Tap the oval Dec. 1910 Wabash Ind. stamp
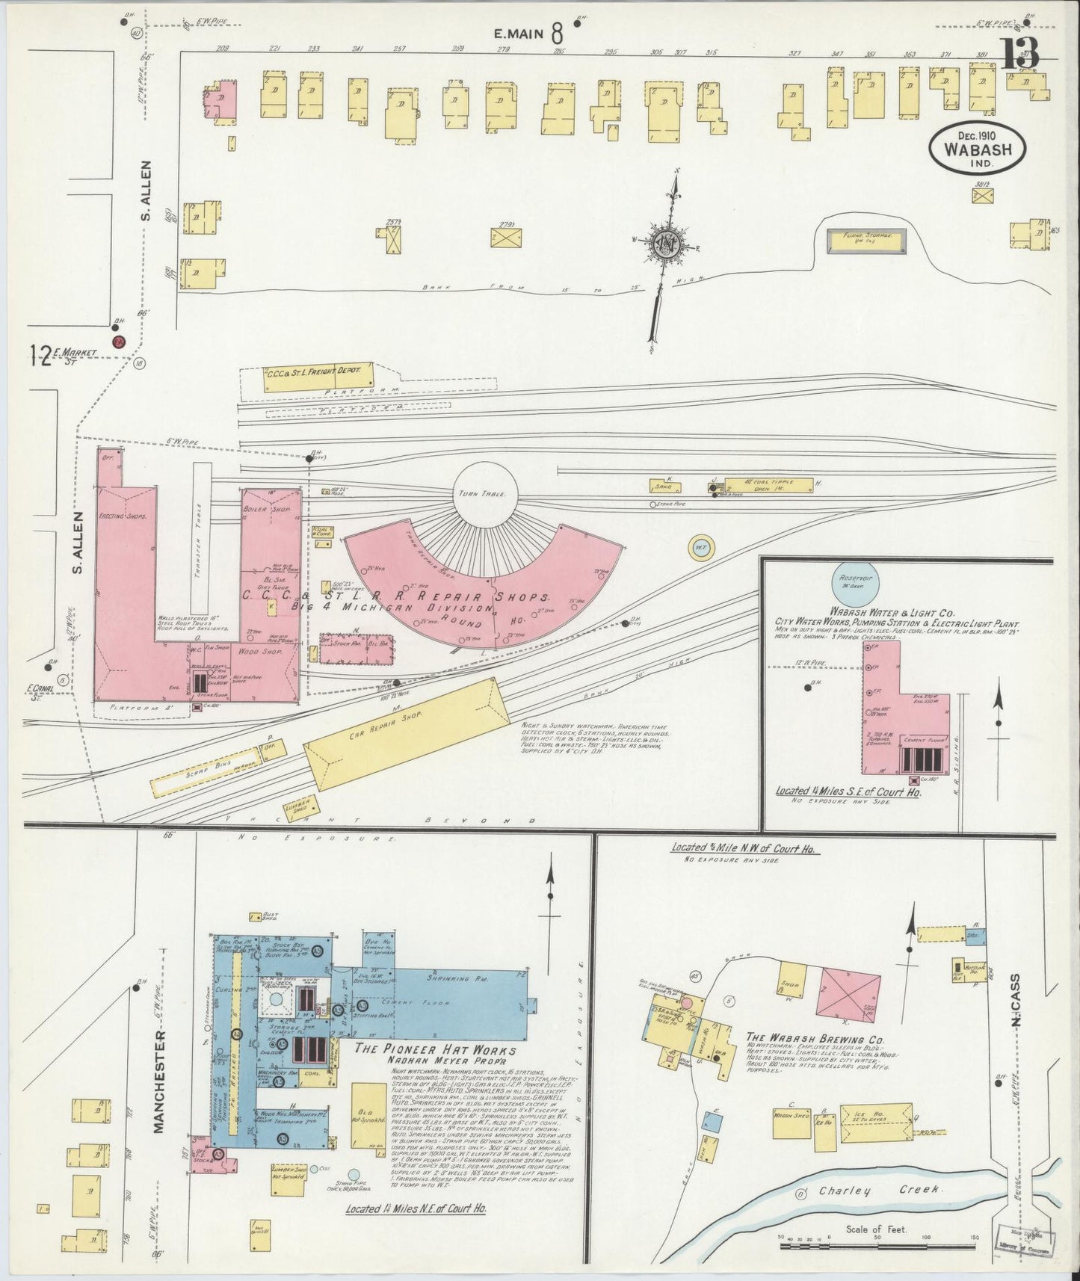click(977, 149)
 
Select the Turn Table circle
click(484, 495)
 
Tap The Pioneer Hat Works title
click(435, 1049)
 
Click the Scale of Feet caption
click(876, 1229)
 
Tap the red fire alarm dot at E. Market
click(117, 342)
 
